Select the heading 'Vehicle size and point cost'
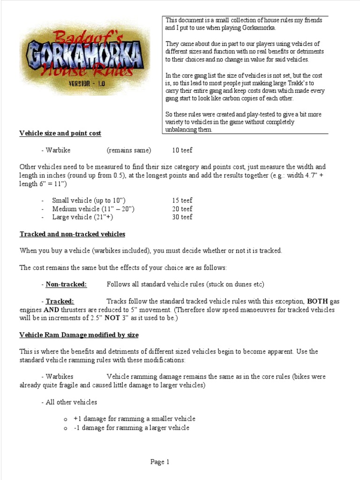point(60,134)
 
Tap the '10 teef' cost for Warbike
point(182,150)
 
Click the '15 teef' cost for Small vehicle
point(182,201)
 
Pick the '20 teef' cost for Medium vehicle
point(182,209)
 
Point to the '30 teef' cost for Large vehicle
point(182,217)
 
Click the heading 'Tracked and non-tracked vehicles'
point(72,234)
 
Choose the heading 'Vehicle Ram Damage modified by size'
point(79,335)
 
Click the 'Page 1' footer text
point(160,462)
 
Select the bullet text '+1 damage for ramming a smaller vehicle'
point(134,419)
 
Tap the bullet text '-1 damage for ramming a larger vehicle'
point(131,428)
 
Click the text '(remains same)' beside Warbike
point(129,150)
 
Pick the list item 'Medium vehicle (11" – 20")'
point(90,209)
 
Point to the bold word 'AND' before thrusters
point(27,310)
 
